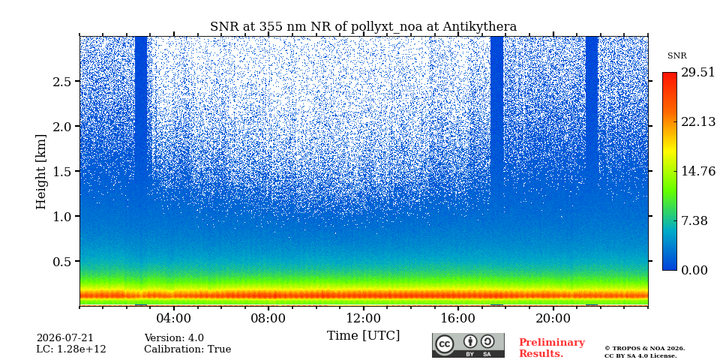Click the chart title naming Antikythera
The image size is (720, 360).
tap(363, 27)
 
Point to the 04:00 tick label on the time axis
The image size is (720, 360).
tap(174, 318)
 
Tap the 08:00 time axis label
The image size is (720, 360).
tap(268, 318)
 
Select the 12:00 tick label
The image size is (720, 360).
tap(363, 318)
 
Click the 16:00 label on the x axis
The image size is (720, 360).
tap(457, 318)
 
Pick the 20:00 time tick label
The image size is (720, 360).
tap(553, 318)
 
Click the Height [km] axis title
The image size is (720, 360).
tap(41, 172)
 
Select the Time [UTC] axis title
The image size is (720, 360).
tap(363, 336)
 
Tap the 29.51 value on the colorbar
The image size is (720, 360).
tap(698, 73)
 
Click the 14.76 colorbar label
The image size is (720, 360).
tap(698, 171)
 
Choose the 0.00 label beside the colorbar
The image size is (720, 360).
tap(694, 271)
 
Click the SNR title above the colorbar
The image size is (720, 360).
tap(676, 56)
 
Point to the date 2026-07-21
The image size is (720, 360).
tap(64, 338)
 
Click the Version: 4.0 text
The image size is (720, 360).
tap(174, 338)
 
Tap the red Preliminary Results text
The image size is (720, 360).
tap(552, 348)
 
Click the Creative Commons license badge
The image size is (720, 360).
tap(468, 345)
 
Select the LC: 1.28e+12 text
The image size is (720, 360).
tap(71, 349)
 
